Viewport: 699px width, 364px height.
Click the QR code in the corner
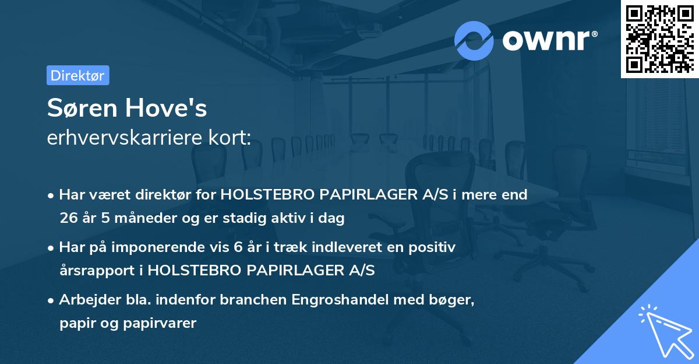659,39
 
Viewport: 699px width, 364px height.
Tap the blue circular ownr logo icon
474,41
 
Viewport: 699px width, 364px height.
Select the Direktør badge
77,75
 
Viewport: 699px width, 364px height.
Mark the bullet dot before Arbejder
52,300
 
